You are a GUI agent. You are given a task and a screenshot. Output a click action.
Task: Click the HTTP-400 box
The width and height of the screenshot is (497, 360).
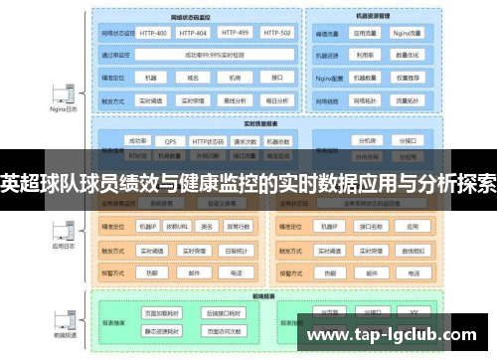(153, 33)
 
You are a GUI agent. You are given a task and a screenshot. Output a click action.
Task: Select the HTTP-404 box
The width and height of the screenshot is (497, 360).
(195, 33)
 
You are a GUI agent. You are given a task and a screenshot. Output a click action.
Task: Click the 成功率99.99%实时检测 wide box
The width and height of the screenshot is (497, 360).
(215, 56)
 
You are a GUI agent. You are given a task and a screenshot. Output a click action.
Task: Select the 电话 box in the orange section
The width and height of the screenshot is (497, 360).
(236, 271)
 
